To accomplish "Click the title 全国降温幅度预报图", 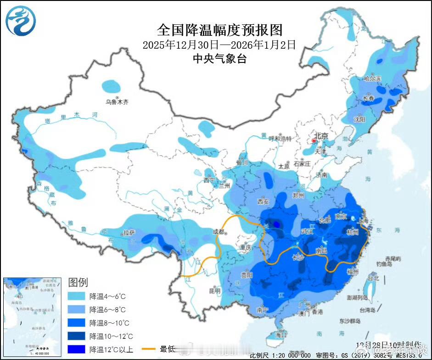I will [x=219, y=30].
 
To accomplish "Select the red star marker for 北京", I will [x=314, y=141].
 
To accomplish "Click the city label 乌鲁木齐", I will [x=118, y=102].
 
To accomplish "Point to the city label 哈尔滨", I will [x=372, y=79].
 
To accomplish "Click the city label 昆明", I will [x=214, y=291].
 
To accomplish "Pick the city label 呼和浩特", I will [x=280, y=138].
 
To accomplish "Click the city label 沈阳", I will [x=359, y=119].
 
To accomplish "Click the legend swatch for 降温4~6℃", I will [x=77, y=296].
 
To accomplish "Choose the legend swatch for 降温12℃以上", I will [x=77, y=350].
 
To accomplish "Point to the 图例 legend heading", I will [x=78, y=282].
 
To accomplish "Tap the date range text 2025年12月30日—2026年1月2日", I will [x=219, y=45].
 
